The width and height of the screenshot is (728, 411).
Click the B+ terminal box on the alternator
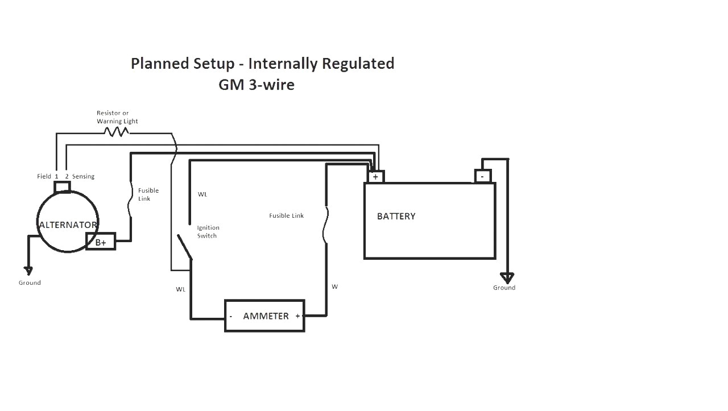(101, 242)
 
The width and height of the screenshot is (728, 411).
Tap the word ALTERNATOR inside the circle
(68, 225)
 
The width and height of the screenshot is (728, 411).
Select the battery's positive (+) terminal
(375, 177)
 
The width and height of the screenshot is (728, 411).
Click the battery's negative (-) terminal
(482, 176)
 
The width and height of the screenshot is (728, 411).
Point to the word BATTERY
(396, 217)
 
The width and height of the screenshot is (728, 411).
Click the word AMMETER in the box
(266, 316)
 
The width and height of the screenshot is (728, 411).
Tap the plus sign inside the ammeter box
(297, 316)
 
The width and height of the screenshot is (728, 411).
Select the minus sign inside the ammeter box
(230, 316)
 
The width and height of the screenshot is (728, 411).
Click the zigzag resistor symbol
(116, 132)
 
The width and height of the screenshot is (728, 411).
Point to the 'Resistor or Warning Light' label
(117, 117)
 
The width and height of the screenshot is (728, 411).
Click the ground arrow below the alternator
(28, 271)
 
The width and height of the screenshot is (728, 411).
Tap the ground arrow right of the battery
(507, 278)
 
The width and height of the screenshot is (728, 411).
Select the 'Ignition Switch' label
(208, 231)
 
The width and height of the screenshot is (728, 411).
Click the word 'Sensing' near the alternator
(83, 176)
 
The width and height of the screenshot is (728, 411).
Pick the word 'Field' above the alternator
(44, 176)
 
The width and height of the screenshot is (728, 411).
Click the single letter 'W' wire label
(334, 287)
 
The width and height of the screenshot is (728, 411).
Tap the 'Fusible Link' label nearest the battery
(286, 216)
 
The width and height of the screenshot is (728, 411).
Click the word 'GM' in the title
(230, 85)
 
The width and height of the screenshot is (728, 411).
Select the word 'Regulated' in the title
(358, 64)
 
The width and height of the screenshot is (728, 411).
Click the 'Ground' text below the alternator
(30, 283)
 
